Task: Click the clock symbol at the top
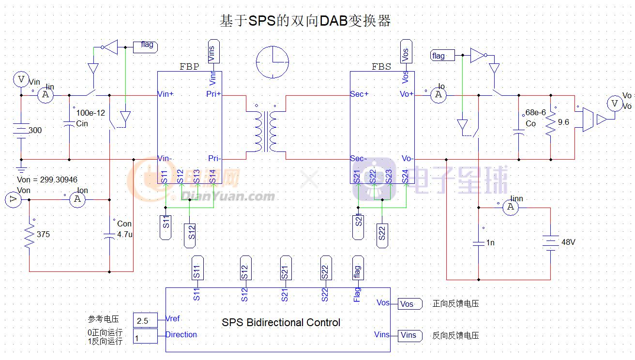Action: click(272, 62)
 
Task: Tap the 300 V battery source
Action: click(21, 130)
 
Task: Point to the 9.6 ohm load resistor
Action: click(551, 124)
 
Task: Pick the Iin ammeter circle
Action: click(45, 95)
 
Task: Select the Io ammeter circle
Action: click(438, 95)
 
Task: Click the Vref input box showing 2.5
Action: click(145, 321)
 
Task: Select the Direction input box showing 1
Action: click(145, 336)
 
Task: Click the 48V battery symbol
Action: click(550, 241)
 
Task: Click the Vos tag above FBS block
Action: click(406, 51)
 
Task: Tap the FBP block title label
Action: click(189, 67)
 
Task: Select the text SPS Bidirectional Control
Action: click(281, 322)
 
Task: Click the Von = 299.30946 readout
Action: click(47, 180)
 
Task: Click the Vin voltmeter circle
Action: click(21, 79)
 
